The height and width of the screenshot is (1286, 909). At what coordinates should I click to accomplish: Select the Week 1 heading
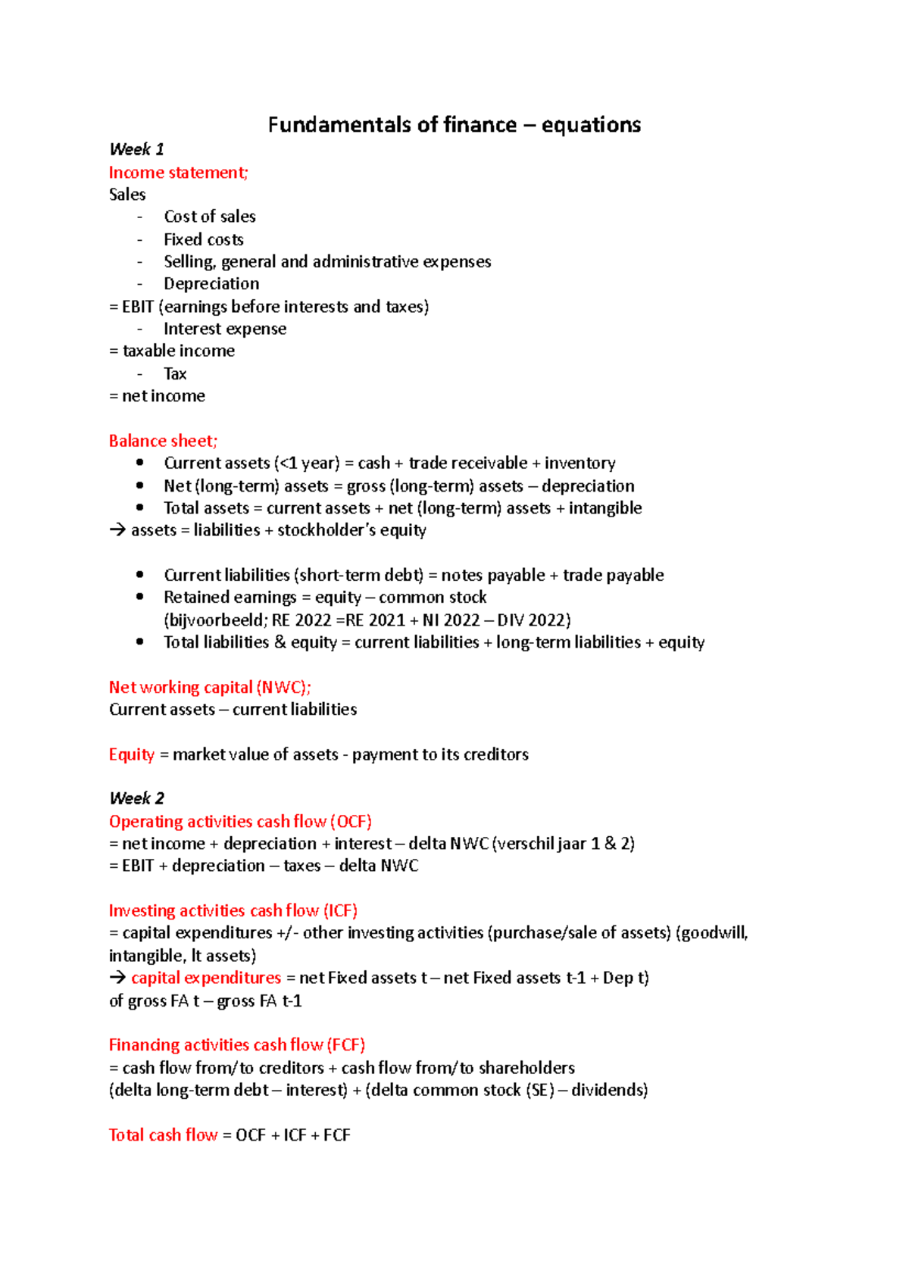click(x=136, y=149)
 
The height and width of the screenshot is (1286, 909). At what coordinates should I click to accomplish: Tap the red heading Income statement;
click(x=178, y=173)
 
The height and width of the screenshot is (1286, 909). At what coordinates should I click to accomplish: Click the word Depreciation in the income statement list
click(x=211, y=284)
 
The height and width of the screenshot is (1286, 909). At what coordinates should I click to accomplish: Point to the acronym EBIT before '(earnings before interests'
click(x=138, y=307)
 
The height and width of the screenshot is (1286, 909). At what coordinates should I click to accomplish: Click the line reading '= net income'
click(x=157, y=396)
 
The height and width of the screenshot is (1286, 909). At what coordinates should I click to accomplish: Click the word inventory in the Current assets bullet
click(x=579, y=463)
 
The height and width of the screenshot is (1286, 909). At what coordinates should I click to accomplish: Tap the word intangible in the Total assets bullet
click(x=605, y=508)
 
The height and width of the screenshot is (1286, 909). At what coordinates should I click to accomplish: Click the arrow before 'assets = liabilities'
click(x=117, y=530)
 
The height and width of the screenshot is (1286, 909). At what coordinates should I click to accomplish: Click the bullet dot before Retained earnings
click(x=139, y=597)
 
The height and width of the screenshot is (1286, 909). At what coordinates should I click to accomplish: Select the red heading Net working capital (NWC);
click(x=210, y=688)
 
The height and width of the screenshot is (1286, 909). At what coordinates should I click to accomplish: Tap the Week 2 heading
click(x=136, y=798)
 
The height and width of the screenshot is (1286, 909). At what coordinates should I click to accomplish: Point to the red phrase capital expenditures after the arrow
click(x=206, y=978)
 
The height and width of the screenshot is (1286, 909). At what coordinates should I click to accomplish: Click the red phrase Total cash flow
click(x=163, y=1135)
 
